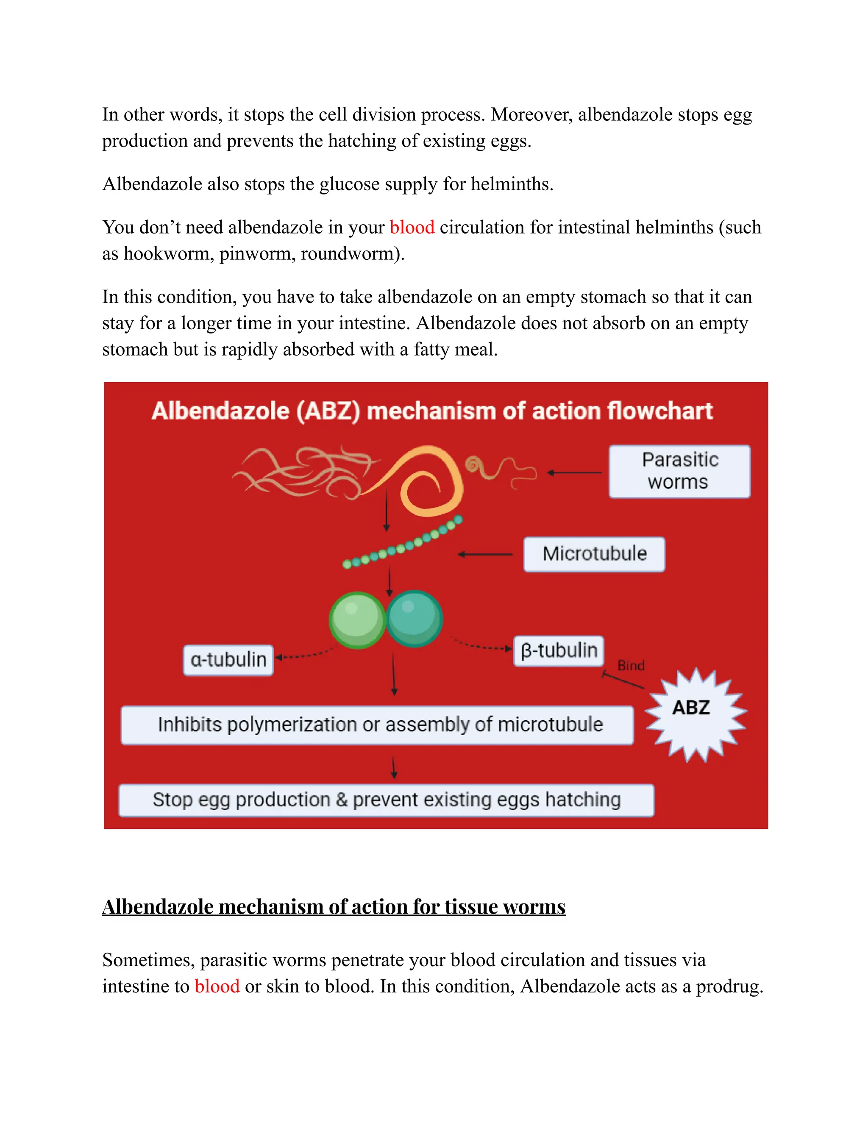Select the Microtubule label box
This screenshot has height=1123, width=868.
(x=594, y=554)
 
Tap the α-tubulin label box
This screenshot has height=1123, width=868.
(x=228, y=660)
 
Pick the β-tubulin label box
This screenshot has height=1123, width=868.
(x=559, y=650)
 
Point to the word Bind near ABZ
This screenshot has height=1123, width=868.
(x=630, y=665)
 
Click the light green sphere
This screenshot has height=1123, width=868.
(x=357, y=620)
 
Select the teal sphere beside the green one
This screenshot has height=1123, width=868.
(x=414, y=617)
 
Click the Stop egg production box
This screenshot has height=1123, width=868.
(x=386, y=800)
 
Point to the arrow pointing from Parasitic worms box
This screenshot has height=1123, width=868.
(x=574, y=473)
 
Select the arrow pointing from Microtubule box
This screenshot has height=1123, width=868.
(x=485, y=554)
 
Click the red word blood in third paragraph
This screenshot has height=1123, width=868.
(x=412, y=227)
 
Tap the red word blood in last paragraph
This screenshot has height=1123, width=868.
(x=217, y=986)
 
